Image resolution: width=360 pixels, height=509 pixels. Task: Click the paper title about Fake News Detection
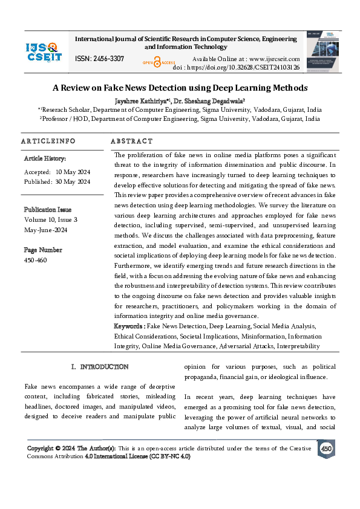[180, 88]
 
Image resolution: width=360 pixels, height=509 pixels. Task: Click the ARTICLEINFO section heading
[48, 141]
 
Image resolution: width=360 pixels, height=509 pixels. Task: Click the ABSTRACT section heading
[131, 141]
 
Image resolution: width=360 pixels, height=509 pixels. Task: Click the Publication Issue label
[49, 210]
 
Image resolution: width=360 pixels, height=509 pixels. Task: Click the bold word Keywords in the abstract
[129, 326]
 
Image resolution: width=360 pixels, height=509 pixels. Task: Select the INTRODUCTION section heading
[100, 367]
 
